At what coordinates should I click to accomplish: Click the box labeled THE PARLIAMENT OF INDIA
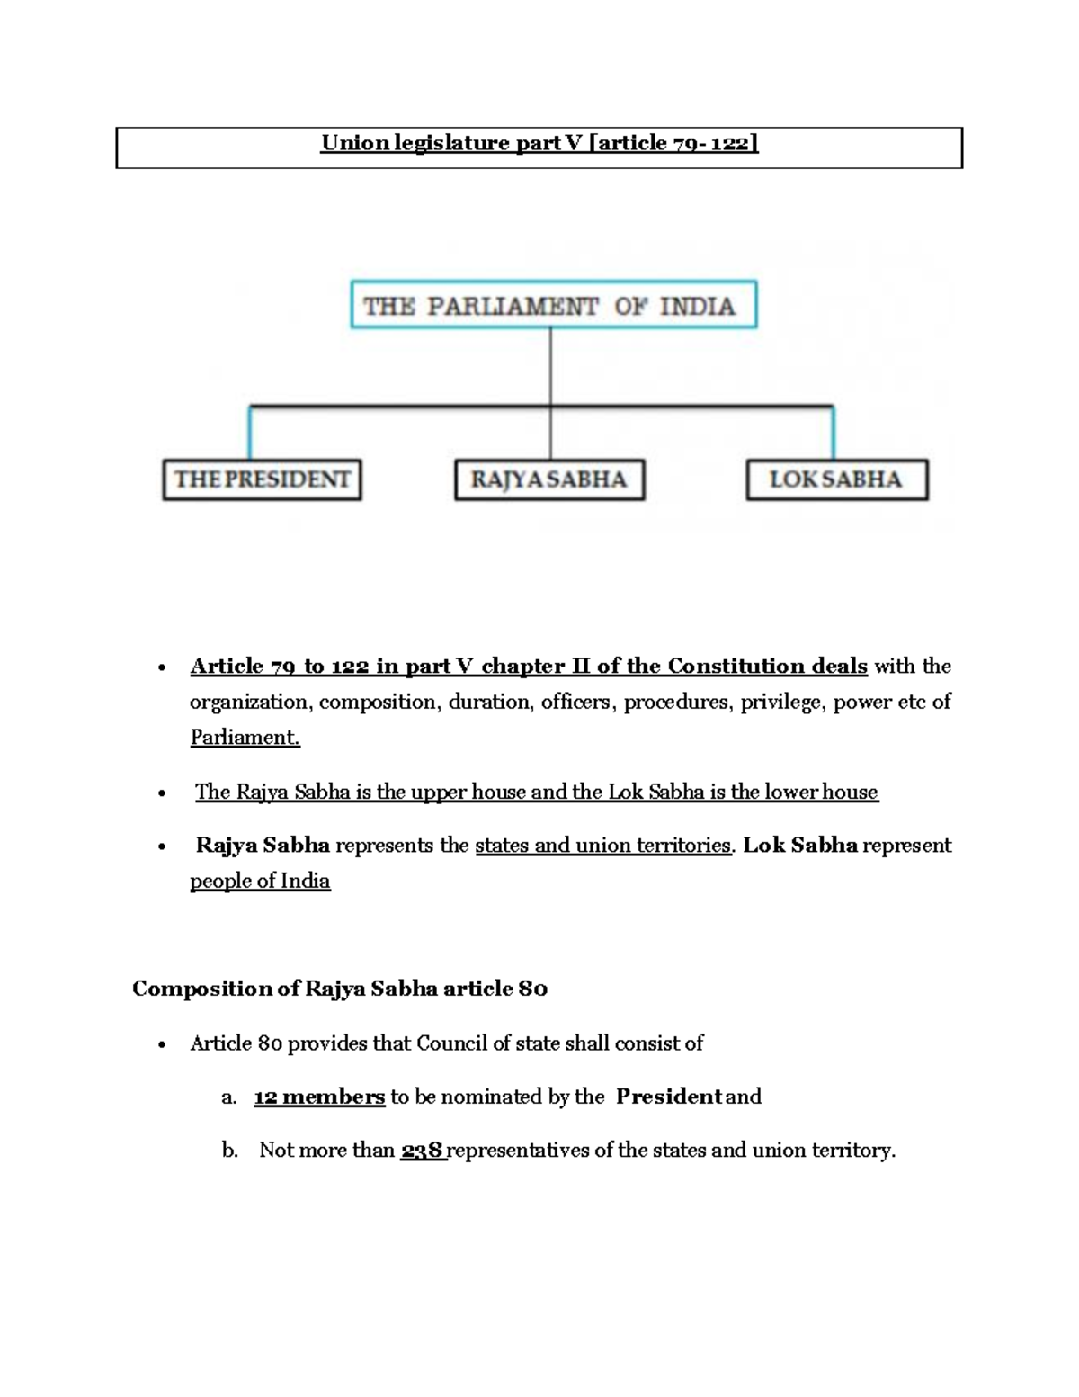(552, 306)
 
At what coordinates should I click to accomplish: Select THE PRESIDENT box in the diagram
(262, 479)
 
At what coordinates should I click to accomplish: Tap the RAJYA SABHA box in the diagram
(549, 479)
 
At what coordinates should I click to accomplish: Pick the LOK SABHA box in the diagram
(836, 479)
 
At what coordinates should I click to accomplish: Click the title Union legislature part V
(539, 143)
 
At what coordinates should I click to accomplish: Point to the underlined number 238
(423, 1151)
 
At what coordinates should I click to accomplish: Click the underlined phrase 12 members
(319, 1097)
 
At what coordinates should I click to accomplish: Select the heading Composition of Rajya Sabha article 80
(340, 989)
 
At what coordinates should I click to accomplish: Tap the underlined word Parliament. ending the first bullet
(245, 738)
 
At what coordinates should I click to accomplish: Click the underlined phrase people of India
(260, 881)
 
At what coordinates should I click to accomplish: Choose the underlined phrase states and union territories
(602, 846)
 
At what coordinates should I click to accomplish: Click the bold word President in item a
(668, 1097)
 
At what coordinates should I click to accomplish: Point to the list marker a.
(228, 1097)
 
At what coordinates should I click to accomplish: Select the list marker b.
(229, 1151)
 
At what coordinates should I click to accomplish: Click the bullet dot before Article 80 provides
(161, 1045)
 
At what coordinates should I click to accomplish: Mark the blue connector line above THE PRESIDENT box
(250, 434)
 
